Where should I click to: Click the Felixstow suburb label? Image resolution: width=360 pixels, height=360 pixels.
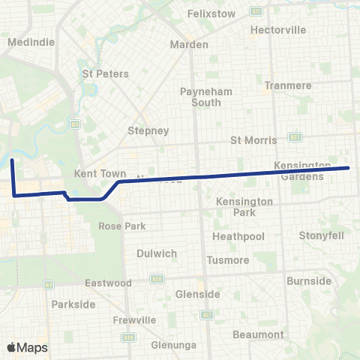point(211,13)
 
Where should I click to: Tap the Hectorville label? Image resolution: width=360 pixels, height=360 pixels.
point(278,30)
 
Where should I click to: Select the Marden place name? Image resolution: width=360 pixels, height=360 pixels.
point(189,44)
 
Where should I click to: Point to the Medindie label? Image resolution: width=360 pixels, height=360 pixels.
point(31,42)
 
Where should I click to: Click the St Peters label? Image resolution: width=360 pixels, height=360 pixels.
point(105,74)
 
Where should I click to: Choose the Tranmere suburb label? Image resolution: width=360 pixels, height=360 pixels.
point(288,85)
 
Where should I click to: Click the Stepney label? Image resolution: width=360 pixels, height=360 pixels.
point(148,130)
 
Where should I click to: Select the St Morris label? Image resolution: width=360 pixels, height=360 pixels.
point(253,140)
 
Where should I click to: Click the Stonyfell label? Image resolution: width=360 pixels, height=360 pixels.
point(321,235)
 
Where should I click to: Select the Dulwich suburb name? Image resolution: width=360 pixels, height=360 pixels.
point(156,253)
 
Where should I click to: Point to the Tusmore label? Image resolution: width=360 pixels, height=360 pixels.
point(228,260)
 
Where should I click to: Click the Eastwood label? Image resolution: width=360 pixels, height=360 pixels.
point(108,283)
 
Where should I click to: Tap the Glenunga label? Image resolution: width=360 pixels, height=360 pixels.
point(173,344)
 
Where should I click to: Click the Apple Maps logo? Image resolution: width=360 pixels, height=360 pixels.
point(27,347)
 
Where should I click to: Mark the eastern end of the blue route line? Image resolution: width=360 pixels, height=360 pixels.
point(349,168)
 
